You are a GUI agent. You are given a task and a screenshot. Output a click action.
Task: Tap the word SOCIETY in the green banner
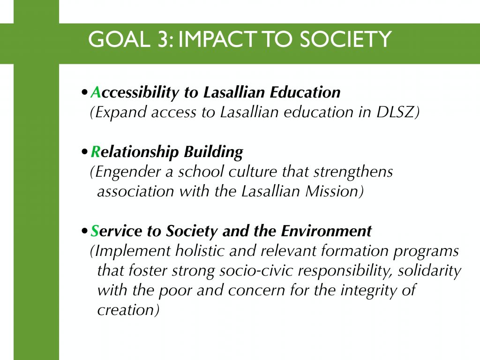click(345, 39)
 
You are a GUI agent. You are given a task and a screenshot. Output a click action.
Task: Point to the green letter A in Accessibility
click(96, 92)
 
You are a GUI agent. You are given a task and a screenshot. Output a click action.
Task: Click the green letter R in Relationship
click(96, 151)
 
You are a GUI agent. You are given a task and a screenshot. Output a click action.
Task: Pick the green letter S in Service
click(95, 231)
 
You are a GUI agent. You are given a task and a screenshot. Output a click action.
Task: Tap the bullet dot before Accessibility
click(84, 92)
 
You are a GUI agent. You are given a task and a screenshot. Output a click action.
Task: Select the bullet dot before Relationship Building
click(84, 152)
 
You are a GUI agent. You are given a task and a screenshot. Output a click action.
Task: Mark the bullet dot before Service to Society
click(84, 231)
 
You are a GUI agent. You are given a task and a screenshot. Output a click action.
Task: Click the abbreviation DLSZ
click(395, 112)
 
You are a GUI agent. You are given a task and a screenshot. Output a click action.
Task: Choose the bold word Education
click(305, 92)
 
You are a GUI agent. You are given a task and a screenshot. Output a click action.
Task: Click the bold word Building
click(213, 152)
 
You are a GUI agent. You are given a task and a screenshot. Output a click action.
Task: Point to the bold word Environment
click(326, 231)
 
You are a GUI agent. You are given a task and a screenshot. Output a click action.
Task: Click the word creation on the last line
click(126, 310)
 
